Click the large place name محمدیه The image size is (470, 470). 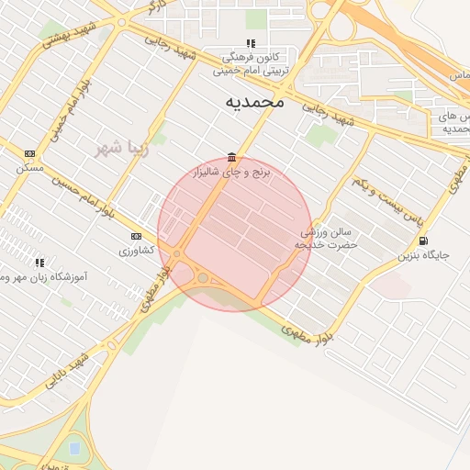[x=254, y=102]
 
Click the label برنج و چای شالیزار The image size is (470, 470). [x=233, y=172]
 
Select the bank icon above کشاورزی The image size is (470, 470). [x=136, y=235]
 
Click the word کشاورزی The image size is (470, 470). [x=137, y=250]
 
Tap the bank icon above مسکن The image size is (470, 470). [x=30, y=153]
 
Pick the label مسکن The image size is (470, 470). [x=29, y=168]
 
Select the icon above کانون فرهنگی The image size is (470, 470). [x=252, y=43]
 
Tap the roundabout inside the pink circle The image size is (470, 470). [x=203, y=277]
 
